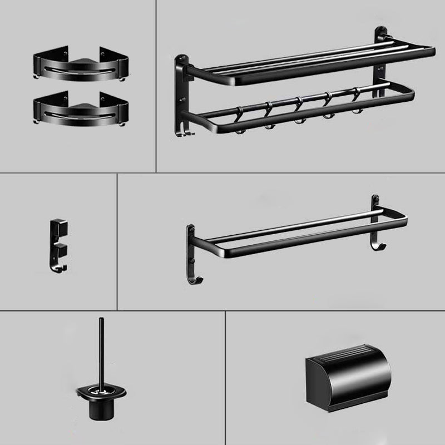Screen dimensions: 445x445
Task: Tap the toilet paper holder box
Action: point(348,378)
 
